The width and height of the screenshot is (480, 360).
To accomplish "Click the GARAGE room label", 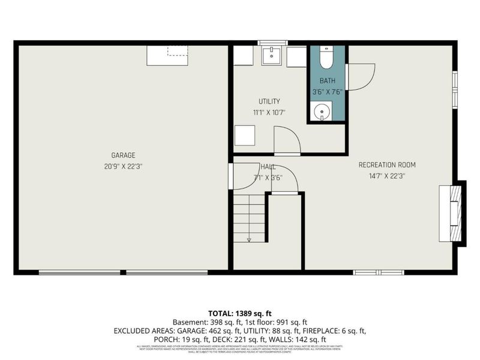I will click(123, 155).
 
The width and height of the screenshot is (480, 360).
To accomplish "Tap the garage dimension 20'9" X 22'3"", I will click(123, 166).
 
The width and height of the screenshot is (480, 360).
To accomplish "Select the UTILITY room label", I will click(269, 101).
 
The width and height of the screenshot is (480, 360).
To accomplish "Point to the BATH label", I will click(327, 81).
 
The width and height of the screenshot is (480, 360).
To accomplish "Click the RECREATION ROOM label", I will click(387, 165).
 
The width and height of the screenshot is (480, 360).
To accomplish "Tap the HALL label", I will click(268, 166).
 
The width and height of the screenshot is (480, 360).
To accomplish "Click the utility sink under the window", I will click(272, 56).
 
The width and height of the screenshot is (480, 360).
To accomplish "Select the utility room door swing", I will click(287, 141).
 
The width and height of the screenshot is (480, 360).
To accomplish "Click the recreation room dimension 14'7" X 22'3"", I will click(387, 176).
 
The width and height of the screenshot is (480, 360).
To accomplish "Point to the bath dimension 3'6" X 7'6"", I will click(327, 92).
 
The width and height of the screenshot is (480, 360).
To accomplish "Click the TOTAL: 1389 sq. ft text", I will click(240, 313).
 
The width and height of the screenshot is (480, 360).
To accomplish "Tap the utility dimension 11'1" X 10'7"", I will click(269, 112).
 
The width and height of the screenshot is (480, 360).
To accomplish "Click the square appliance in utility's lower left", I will click(245, 135).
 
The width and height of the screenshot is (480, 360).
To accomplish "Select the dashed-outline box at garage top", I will click(178, 50).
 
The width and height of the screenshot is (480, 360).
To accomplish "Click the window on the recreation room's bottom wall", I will click(379, 272).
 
